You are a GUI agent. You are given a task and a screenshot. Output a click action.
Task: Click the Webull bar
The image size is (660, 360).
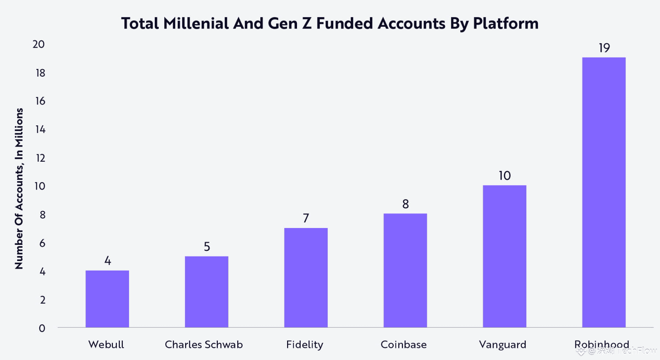coord(107,299)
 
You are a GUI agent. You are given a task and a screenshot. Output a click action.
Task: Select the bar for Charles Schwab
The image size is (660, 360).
coord(206,292)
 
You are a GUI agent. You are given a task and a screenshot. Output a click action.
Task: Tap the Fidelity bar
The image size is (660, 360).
coord(306,278)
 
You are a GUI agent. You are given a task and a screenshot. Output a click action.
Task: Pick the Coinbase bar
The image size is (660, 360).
coord(405,270)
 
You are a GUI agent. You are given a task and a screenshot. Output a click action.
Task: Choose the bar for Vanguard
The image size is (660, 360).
coord(504,256)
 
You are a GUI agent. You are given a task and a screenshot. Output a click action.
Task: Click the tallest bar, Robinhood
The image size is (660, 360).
coord(604,192)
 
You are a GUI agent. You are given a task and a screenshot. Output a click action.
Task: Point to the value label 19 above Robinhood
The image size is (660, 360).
coord(604,48)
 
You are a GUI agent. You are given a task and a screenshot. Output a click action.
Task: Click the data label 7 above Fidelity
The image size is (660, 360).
coord(306,218)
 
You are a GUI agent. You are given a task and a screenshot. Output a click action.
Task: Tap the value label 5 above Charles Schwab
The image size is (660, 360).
coord(207,247)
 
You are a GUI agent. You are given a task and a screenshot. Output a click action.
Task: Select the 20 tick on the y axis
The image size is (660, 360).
coord(38,44)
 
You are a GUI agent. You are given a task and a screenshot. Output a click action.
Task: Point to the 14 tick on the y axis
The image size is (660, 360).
coord(40,129)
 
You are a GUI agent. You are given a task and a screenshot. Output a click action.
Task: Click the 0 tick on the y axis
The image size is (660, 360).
coord(42,328)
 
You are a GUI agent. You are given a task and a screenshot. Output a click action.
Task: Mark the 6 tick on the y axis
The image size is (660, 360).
coord(42,243)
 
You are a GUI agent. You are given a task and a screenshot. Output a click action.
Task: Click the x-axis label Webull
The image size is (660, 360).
coord(106,345)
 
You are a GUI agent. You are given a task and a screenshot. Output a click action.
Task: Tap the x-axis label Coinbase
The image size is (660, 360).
coord(403,345)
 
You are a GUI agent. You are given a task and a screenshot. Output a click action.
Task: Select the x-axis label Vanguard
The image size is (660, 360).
coord(502,345)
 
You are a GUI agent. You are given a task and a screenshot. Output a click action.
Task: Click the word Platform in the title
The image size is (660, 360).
coord(506,23)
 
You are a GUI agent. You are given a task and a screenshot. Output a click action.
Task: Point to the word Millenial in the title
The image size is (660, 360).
coord(196,23)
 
